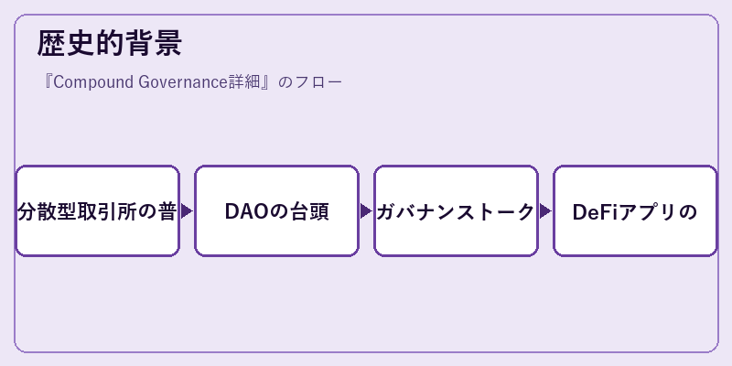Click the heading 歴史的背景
(109, 43)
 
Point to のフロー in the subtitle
(310, 82)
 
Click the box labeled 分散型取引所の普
(98, 211)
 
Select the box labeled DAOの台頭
(277, 211)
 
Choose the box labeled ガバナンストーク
(456, 211)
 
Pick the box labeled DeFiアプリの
(635, 211)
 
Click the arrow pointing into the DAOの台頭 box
(188, 211)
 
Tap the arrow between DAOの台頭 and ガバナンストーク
(367, 211)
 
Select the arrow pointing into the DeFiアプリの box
(545, 211)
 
